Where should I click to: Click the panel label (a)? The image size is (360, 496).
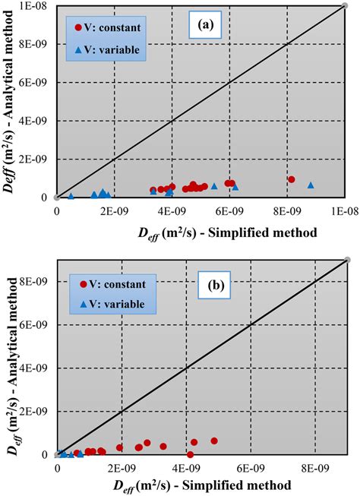pos(205,24)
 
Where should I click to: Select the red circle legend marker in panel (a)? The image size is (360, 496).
pos(78,28)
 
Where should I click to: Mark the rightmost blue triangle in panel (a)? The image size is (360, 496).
pos(311,185)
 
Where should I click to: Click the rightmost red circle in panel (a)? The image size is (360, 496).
pos(292,179)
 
